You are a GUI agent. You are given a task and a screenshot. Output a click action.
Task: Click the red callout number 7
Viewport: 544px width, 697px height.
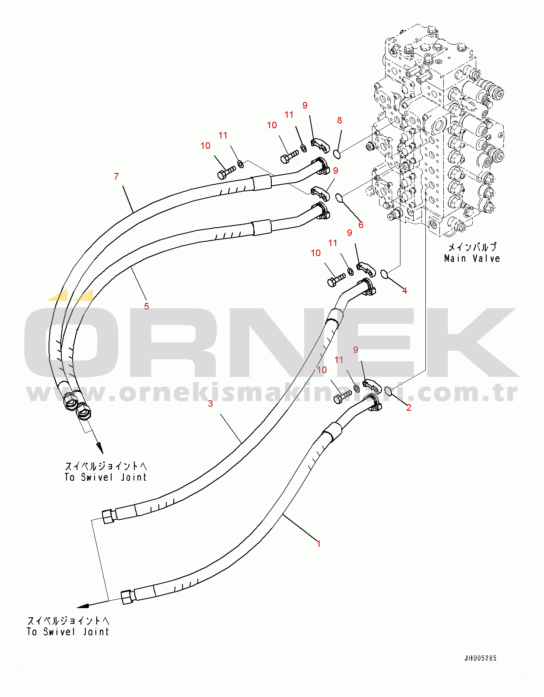(x=116, y=176)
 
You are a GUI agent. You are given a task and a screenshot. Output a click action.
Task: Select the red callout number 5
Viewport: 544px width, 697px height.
(x=147, y=306)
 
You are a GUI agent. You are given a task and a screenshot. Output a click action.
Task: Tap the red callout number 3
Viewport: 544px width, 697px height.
(x=211, y=404)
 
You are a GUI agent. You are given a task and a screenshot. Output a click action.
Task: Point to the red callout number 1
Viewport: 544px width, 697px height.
(x=319, y=544)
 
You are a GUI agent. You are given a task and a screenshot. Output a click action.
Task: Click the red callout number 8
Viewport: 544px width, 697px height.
(x=340, y=120)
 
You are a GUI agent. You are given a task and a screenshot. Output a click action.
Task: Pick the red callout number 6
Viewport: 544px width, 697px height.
(x=361, y=225)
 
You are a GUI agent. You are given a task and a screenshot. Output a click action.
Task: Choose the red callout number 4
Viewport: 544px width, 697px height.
(x=405, y=291)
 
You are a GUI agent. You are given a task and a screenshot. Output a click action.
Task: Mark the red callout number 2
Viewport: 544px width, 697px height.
(x=409, y=408)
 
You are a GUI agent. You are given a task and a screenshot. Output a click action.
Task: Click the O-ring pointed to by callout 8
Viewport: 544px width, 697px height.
(x=337, y=154)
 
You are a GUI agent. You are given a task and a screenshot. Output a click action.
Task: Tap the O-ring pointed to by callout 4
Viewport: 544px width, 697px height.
(x=384, y=274)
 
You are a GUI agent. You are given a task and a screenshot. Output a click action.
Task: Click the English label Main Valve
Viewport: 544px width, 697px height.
(x=472, y=258)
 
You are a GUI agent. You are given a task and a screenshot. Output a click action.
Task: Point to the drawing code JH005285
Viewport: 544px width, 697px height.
(x=480, y=658)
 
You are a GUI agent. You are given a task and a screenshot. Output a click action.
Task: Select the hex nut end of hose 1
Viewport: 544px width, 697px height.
(x=127, y=597)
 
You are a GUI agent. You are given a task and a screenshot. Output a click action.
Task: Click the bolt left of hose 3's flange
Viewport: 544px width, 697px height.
(x=336, y=279)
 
